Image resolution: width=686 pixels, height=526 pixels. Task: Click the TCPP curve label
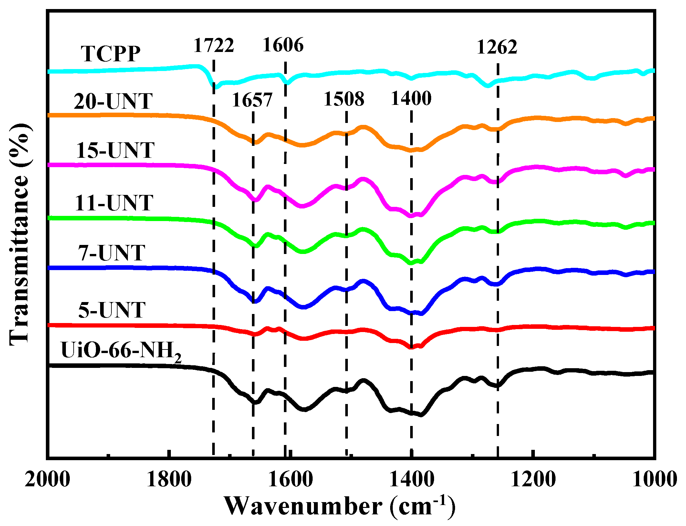pyautogui.click(x=111, y=54)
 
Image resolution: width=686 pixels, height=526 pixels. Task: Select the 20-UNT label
pyautogui.click(x=113, y=101)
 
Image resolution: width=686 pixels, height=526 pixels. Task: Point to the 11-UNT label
pyautogui.click(x=114, y=203)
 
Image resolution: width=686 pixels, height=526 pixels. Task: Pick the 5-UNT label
pyautogui.click(x=112, y=310)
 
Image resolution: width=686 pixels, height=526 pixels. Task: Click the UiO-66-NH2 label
pyautogui.click(x=121, y=351)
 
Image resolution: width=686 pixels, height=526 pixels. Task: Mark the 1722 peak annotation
pyautogui.click(x=214, y=45)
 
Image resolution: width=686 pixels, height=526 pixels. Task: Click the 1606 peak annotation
pyautogui.click(x=283, y=45)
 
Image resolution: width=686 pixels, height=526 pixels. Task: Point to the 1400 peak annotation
pyautogui.click(x=411, y=98)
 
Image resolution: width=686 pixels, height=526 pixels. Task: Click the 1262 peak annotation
pyautogui.click(x=497, y=47)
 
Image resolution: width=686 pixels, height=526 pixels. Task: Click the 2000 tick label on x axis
pyautogui.click(x=47, y=480)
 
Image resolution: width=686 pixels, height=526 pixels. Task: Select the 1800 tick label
pyautogui.click(x=169, y=480)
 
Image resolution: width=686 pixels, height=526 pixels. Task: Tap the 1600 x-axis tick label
pyautogui.click(x=290, y=480)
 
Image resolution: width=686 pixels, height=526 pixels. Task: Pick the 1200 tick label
pyautogui.click(x=533, y=480)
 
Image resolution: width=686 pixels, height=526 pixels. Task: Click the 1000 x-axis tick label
pyautogui.click(x=654, y=480)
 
